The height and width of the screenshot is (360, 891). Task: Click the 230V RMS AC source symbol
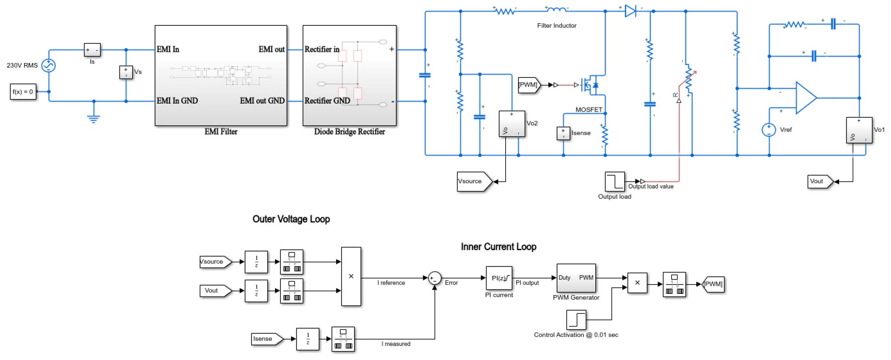click(48, 65)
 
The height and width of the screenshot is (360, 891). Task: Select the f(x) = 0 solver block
click(23, 92)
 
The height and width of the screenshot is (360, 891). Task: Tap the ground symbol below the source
click(94, 119)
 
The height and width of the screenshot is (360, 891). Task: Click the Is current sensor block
click(92, 50)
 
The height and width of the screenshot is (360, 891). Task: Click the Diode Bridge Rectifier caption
click(349, 131)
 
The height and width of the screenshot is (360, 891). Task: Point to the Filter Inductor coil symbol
click(556, 10)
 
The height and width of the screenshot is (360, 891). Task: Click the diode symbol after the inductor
click(630, 11)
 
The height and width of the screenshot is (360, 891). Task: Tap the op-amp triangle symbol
click(805, 98)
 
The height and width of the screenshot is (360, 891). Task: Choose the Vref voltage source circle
click(769, 130)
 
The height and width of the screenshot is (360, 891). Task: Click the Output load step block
click(614, 181)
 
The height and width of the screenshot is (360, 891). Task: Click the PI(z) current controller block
click(499, 278)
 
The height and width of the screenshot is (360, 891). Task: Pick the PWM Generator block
click(576, 278)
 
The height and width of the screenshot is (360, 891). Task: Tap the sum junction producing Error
click(434, 278)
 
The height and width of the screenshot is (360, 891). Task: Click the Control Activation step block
click(576, 320)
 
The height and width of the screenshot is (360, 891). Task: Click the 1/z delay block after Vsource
click(256, 262)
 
